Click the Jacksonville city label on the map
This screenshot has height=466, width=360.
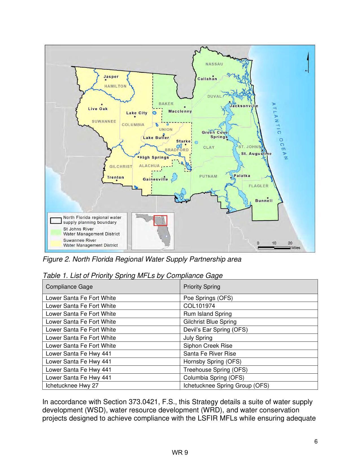click(x=244, y=106)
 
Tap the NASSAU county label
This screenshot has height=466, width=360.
click(x=214, y=64)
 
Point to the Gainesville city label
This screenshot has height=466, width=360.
click(x=155, y=179)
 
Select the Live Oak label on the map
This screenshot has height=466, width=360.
click(x=98, y=109)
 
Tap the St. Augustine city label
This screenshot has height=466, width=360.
click(x=256, y=154)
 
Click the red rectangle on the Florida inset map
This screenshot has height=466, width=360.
click(x=160, y=220)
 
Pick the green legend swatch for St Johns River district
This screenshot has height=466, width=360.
click(x=56, y=232)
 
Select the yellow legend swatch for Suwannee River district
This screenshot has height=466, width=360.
click(x=56, y=243)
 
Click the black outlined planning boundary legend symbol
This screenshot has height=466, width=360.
click(x=56, y=220)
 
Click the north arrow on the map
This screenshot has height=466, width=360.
click(x=308, y=62)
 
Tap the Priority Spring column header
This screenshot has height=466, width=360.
click(x=202, y=287)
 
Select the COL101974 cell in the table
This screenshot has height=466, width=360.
click(x=199, y=306)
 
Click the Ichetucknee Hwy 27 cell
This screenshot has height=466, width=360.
click(x=72, y=386)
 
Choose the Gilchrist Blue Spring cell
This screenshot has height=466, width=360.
click(x=210, y=322)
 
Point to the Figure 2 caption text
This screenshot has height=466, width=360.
click(x=142, y=259)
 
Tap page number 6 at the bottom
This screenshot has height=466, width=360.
click(x=316, y=442)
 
